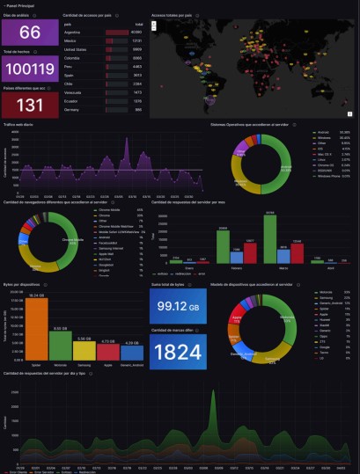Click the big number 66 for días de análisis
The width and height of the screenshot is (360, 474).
[x=30, y=33]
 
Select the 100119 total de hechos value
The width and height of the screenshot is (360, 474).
[x=30, y=71]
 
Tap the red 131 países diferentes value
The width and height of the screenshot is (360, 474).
[x=30, y=105]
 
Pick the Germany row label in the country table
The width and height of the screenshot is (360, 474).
[x=75, y=109]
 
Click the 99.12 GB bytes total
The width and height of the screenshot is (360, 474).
[x=181, y=305]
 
